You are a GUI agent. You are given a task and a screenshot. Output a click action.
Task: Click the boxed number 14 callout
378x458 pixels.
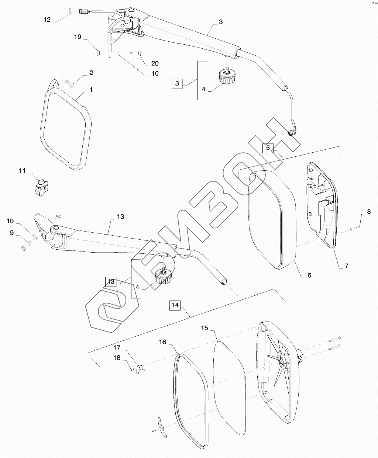[175, 305]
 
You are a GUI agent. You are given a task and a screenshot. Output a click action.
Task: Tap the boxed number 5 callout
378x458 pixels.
[268, 148]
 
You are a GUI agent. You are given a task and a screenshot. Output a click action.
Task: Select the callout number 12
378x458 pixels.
[47, 20]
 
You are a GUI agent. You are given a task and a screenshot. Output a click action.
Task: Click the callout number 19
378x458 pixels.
[77, 37]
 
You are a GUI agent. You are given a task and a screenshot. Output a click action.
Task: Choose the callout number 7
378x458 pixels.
[346, 266]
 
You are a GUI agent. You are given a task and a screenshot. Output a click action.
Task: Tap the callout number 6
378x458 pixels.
[309, 275]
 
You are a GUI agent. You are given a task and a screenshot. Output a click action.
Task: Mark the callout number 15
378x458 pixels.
[205, 327]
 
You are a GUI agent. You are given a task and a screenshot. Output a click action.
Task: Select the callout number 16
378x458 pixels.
[163, 342]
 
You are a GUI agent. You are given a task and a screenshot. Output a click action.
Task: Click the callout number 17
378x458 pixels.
[117, 347]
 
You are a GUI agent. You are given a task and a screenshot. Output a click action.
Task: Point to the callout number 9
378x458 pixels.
[11, 233]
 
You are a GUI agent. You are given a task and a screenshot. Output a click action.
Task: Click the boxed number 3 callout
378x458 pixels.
[177, 83]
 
